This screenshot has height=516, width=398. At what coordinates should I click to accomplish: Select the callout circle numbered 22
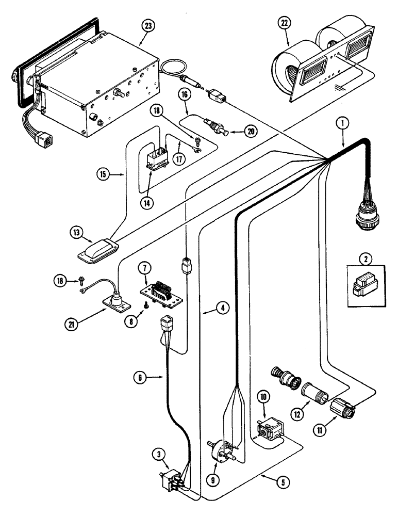pyautogui.click(x=283, y=23)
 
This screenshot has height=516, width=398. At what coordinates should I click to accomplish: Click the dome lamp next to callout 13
pyautogui.click(x=97, y=252)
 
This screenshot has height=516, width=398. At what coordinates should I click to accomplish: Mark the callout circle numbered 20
pyautogui.click(x=250, y=132)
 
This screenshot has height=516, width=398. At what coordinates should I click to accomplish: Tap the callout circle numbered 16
pyautogui.click(x=184, y=94)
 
